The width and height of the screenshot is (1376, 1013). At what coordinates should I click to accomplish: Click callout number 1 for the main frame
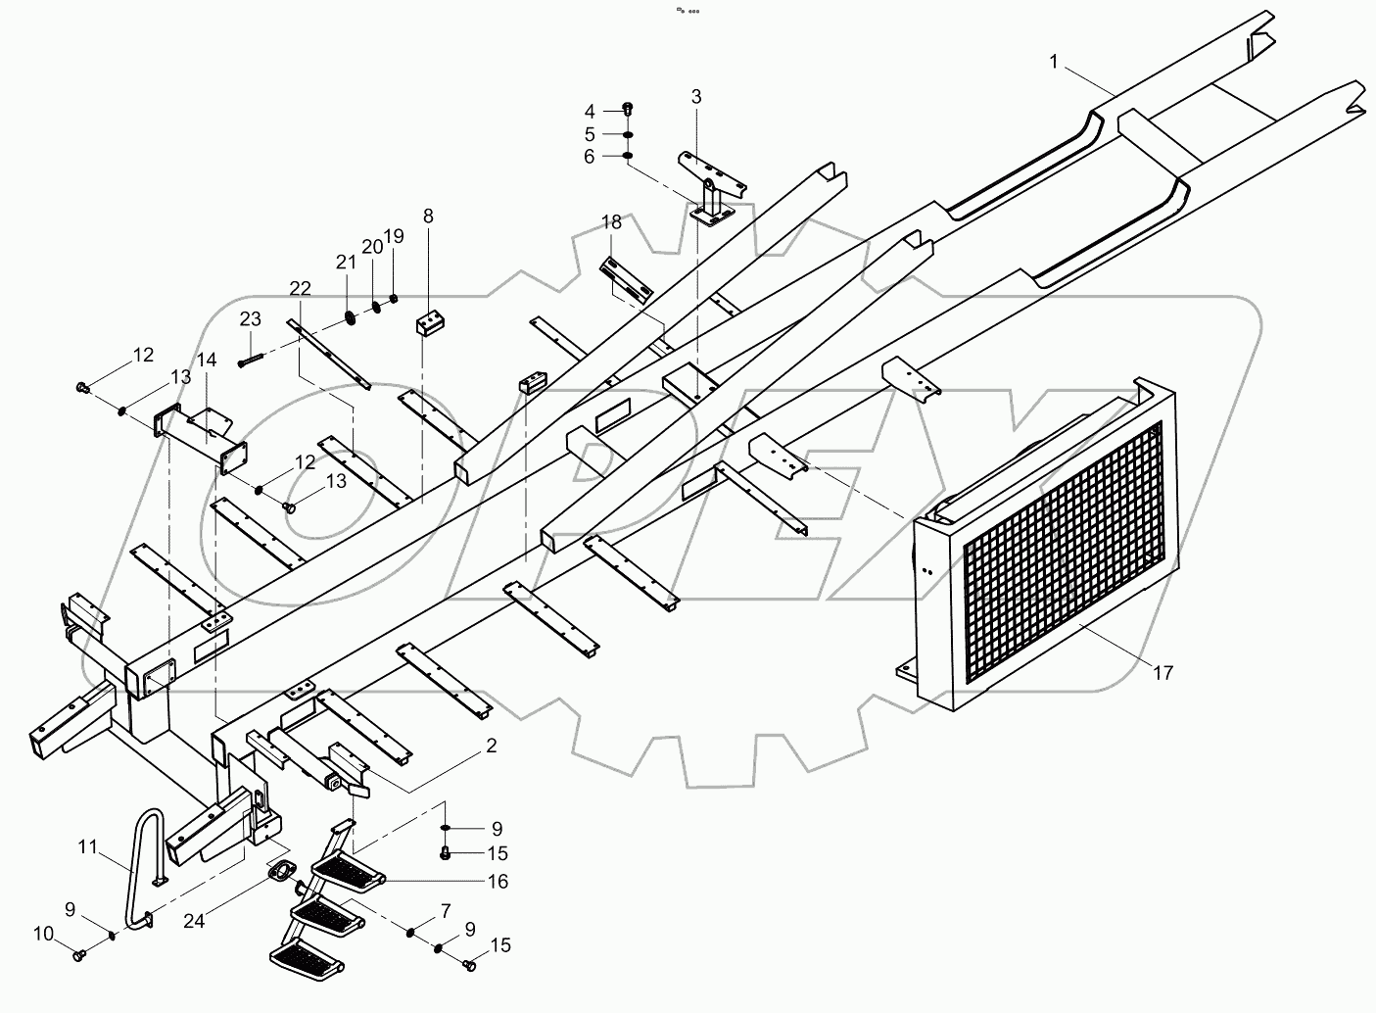pos(1054,63)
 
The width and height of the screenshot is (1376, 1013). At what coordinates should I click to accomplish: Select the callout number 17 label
pos(1162,673)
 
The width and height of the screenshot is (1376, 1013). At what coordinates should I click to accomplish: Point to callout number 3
pos(696,96)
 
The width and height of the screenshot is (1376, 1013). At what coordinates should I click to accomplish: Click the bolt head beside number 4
pos(628,109)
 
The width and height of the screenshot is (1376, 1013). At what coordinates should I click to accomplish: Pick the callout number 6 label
pos(590,156)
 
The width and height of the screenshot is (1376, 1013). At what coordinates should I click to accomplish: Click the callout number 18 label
pos(611,223)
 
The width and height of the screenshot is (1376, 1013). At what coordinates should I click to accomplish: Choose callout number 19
pos(394,236)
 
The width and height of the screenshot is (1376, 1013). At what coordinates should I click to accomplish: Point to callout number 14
pos(206,361)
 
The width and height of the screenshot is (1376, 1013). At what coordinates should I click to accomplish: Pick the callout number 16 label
pos(498,882)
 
